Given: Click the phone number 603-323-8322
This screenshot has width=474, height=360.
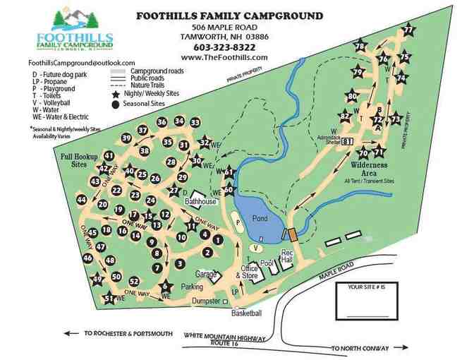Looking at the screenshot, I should point(224,47).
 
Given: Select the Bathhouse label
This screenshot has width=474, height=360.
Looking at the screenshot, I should point(200,202).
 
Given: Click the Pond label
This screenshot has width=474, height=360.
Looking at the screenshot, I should point(260,218).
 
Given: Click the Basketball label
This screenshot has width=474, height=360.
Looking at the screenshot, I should point(246,313).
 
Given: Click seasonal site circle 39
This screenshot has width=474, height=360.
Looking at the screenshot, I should point(126,138).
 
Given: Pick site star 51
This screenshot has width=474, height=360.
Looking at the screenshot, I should point(109,299).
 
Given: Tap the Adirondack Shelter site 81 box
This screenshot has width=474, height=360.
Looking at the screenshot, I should point(347,141).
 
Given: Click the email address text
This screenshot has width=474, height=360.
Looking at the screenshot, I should point(68,63).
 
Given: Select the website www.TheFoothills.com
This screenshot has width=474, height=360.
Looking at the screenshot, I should point(224,58).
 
